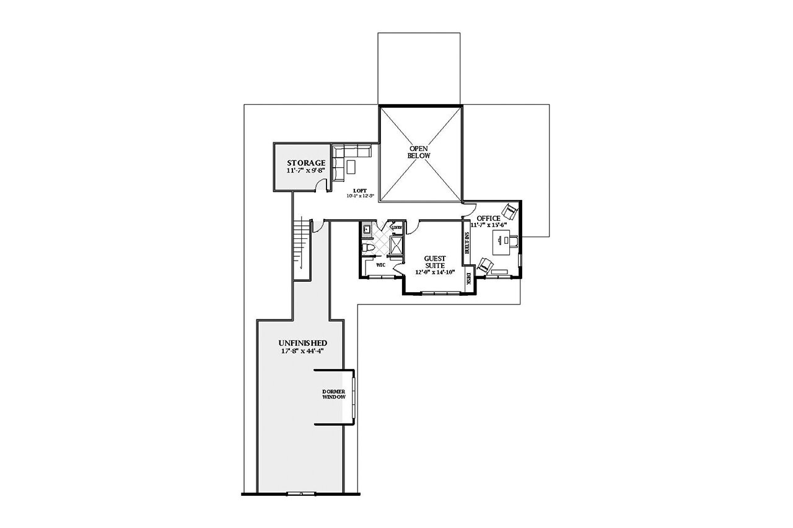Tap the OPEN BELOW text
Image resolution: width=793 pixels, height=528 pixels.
419,152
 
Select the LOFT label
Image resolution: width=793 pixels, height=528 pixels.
360,190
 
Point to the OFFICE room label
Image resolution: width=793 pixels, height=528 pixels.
488,219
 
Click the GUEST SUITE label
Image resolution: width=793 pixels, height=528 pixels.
436,262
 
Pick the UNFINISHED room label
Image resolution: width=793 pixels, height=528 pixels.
302,342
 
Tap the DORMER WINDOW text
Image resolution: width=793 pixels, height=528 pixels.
333,395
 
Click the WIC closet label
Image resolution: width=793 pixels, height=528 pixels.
381,265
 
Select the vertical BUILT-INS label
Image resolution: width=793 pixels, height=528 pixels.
467,243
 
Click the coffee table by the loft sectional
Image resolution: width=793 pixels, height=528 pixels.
352,167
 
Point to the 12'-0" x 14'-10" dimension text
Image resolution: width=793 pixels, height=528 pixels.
435,272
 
